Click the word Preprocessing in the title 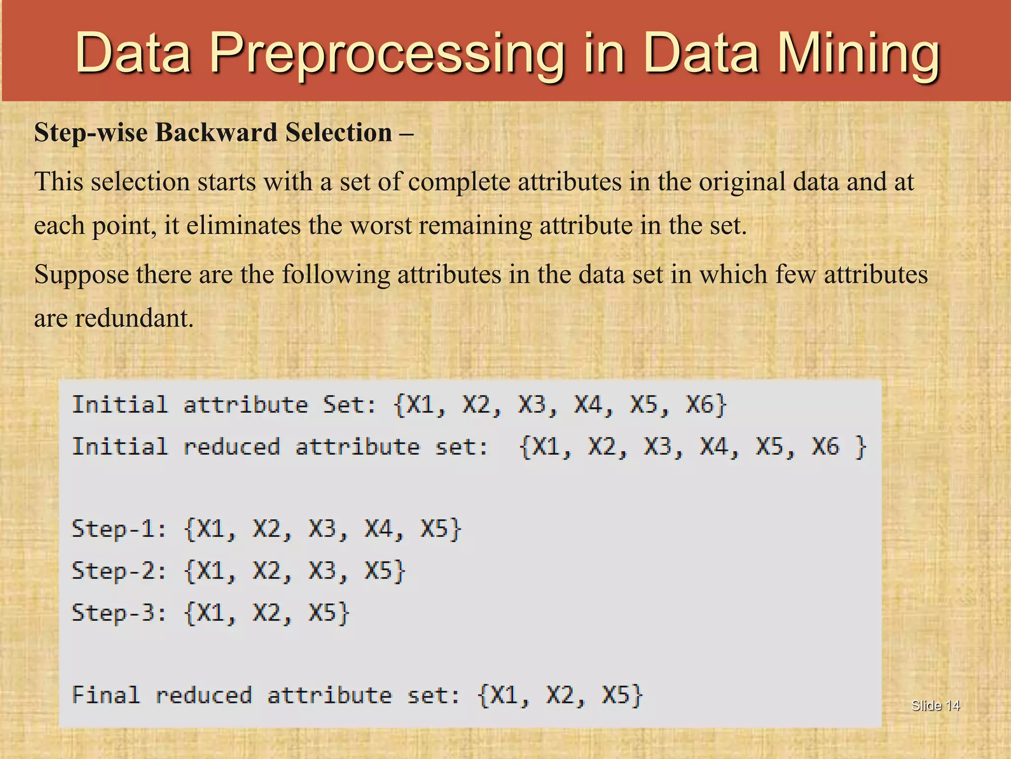pyautogui.click(x=387, y=53)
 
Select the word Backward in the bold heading pyautogui.click(x=216, y=132)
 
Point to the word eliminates pyautogui.click(x=243, y=225)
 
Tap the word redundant pyautogui.click(x=134, y=318)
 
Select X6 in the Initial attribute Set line pyautogui.click(x=700, y=405)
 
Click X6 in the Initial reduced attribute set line pyautogui.click(x=825, y=447)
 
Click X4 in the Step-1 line pyautogui.click(x=378, y=529)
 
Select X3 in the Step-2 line pyautogui.click(x=322, y=571)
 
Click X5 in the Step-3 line pyautogui.click(x=322, y=613)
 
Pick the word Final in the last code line pyautogui.click(x=106, y=695)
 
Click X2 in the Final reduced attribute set pyautogui.click(x=560, y=695)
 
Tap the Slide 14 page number pyautogui.click(x=935, y=706)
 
